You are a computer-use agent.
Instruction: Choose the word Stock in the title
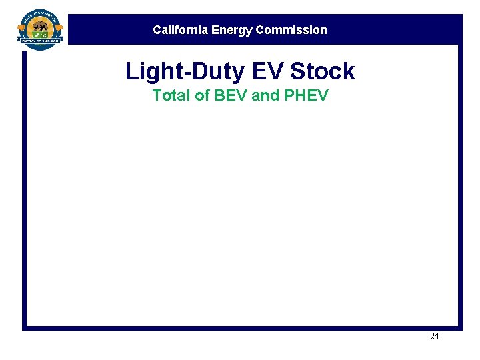pos(323,71)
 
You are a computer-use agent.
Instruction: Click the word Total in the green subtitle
pos(171,95)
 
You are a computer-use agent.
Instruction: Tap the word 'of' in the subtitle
pos(202,95)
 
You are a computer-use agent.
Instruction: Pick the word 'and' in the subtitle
pos(266,95)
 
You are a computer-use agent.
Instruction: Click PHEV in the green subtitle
pos(306,95)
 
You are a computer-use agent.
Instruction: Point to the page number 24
pos(434,337)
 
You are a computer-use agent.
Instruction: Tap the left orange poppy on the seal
pos(22,28)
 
